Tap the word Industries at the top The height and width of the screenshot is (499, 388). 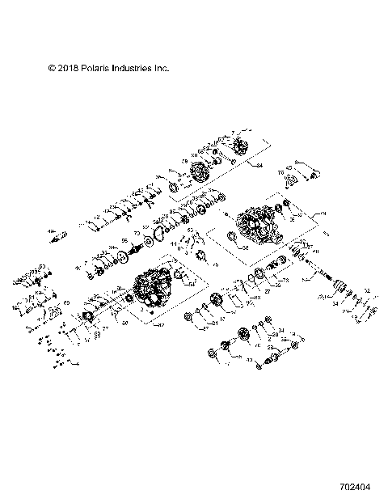pos(132,70)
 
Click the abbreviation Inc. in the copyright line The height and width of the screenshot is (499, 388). pos(161,70)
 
